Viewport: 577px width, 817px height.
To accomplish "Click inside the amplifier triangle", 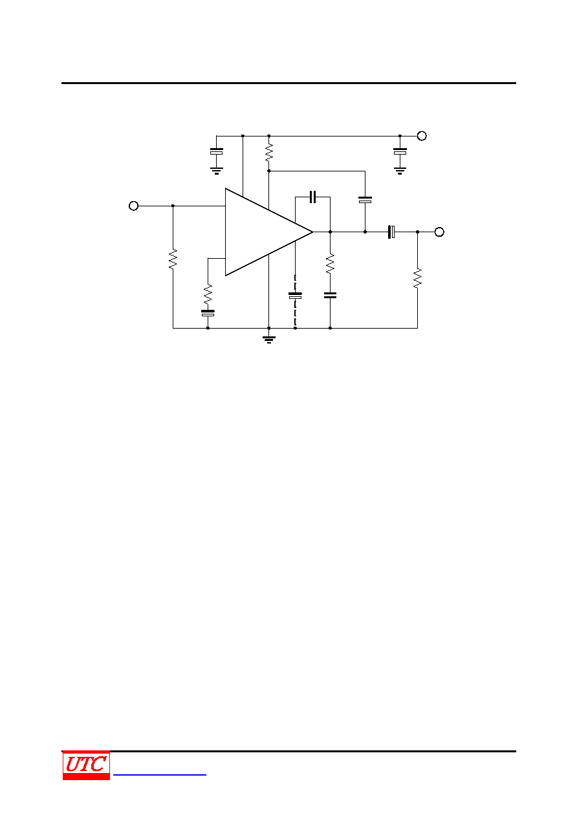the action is point(259,232).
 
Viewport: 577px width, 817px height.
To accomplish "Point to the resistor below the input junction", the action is point(173,259).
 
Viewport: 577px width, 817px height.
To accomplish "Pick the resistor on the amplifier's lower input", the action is point(208,294).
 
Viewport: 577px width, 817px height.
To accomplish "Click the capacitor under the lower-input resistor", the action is point(208,313).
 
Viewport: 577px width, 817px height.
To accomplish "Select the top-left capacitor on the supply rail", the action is point(216,151).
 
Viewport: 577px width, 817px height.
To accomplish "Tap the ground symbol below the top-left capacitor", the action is point(216,171).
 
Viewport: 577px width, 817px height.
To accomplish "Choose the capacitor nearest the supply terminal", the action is point(400,151).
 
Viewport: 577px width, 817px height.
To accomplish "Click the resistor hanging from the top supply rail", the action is point(269,153).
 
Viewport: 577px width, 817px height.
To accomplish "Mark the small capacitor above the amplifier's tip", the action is point(312,197).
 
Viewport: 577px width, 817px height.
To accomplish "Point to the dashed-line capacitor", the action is point(295,296).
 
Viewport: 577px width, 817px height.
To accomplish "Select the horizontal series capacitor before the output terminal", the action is point(391,232).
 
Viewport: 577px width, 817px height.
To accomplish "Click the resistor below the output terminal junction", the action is point(418,278).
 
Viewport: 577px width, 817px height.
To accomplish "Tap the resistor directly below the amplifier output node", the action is point(330,264).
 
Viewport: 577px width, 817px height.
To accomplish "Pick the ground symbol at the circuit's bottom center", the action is point(269,340).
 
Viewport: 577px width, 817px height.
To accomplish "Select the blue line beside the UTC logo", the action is point(160,775).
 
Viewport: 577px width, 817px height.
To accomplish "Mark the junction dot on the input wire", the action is point(173,206).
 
